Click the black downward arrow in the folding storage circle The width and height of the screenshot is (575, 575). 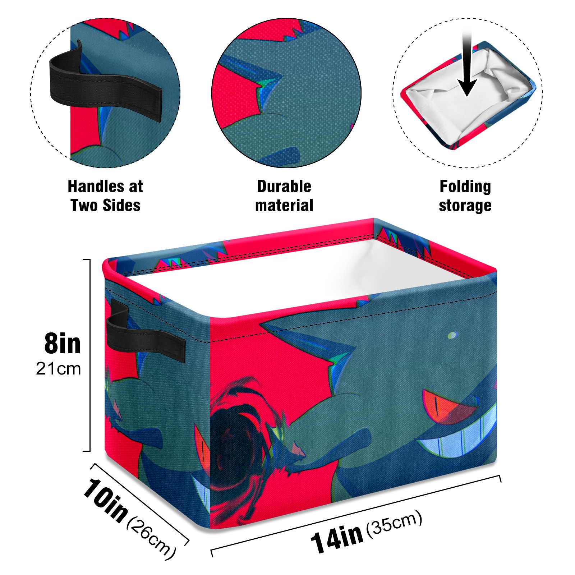pyautogui.click(x=467, y=65)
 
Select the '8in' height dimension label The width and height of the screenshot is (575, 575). pyautogui.click(x=62, y=344)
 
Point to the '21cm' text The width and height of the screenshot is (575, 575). pyautogui.click(x=58, y=369)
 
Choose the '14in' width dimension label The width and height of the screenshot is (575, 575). pyautogui.click(x=337, y=538)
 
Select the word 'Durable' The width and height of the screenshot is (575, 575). pyautogui.click(x=284, y=187)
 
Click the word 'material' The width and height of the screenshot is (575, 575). pyautogui.click(x=284, y=206)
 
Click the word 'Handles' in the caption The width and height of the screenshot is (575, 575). pyautogui.click(x=95, y=187)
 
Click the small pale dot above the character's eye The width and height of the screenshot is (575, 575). pyautogui.click(x=452, y=336)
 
